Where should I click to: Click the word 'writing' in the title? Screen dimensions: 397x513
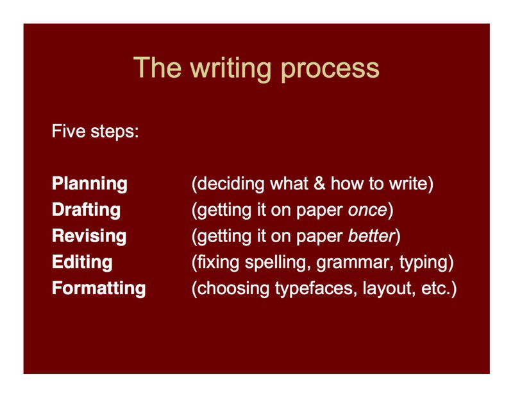(x=217, y=69)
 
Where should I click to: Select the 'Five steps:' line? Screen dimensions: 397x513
(x=96, y=133)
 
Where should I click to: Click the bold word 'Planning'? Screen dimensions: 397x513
(x=90, y=184)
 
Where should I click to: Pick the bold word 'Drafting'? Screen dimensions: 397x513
(x=86, y=210)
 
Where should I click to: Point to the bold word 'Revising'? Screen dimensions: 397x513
(x=89, y=236)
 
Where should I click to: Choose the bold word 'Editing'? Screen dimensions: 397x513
(x=82, y=262)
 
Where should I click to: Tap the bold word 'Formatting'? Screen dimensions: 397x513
(x=99, y=288)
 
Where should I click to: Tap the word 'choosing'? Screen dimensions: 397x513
(x=230, y=288)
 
